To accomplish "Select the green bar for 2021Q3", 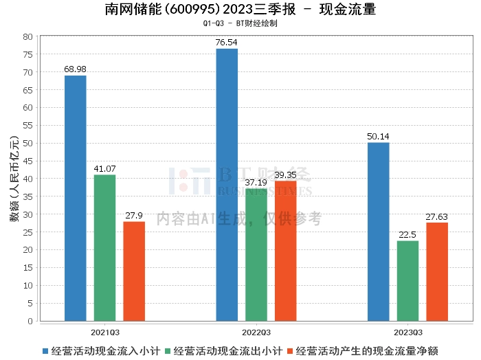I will [x=104, y=247].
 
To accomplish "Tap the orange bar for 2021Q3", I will [x=134, y=271].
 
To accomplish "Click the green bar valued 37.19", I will [x=256, y=254].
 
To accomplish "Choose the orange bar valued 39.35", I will [x=286, y=251].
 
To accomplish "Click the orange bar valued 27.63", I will [x=437, y=271].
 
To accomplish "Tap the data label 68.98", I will [x=75, y=69].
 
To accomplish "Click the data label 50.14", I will [x=378, y=137].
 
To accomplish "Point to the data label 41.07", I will [x=104, y=169].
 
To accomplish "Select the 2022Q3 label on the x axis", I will [x=256, y=330].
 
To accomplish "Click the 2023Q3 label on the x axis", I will [x=407, y=330].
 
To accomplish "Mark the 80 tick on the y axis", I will [x=28, y=36].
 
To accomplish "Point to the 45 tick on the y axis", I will [x=28, y=161].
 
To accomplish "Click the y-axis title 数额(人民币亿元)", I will [x=12, y=179].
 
